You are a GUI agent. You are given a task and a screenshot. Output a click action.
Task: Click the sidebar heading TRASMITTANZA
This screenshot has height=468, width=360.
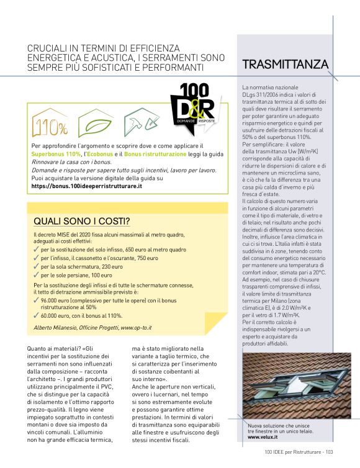click(x=285, y=65)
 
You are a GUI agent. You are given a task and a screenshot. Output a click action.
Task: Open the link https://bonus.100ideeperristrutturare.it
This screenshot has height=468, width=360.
click(x=87, y=186)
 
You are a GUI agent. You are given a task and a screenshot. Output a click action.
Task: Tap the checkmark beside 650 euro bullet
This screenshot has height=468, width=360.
click(x=37, y=250)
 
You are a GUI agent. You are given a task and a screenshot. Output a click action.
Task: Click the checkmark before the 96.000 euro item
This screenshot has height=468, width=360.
click(x=37, y=300)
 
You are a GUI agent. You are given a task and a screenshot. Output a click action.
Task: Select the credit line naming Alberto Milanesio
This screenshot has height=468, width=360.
click(x=92, y=327)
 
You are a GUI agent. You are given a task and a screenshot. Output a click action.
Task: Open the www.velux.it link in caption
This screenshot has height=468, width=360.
click(x=262, y=437)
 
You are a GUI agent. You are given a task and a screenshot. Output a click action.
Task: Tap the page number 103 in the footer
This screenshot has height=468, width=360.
click(x=329, y=452)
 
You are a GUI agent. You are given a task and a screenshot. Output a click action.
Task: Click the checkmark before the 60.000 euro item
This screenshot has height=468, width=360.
click(x=37, y=315)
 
